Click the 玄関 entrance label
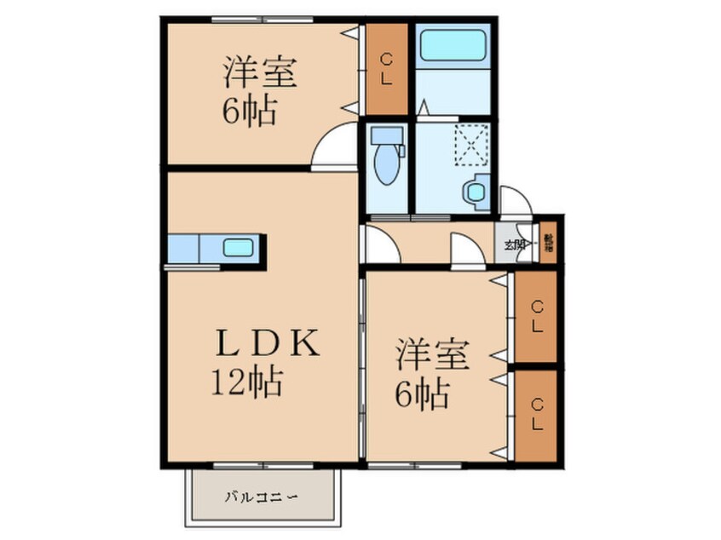pos(515,246)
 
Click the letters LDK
pos(265,344)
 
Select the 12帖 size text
pos(247,382)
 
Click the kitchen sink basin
pos(239,249)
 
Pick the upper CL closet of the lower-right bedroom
pos(537,316)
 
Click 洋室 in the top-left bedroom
pos(261,73)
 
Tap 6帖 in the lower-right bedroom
pos(422,394)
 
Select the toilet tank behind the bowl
pos(388,135)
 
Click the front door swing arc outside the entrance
pos(516,199)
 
